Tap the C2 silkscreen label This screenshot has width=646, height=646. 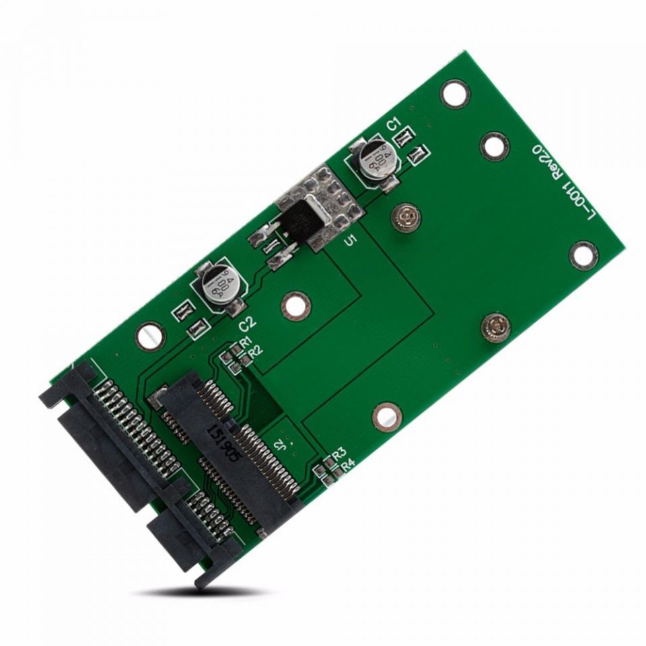(248, 322)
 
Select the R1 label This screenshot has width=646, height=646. (246, 342)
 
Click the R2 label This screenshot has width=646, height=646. (254, 351)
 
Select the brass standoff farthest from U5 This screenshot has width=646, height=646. (495, 326)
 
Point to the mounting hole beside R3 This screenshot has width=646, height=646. (387, 417)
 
